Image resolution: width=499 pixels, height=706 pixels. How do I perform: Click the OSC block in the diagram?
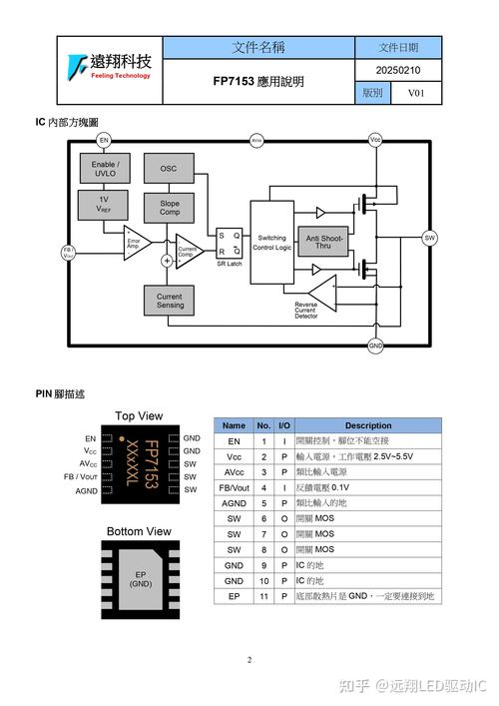point(169,168)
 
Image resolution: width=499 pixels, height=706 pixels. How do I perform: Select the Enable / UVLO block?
point(105,168)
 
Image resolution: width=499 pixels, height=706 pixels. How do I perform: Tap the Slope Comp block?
point(169,207)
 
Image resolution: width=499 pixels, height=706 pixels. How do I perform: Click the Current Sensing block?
point(169,300)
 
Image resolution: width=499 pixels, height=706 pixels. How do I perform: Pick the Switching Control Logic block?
point(271,244)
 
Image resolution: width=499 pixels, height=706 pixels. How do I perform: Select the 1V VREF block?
point(105,205)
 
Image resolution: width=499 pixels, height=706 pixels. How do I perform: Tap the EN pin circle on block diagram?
point(104,141)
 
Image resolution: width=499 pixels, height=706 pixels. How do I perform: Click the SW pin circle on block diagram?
point(430,238)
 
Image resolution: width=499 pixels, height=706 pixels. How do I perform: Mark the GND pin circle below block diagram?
point(375,346)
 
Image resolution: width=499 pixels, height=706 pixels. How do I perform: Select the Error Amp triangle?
point(135,241)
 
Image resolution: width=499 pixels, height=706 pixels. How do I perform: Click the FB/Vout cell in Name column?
point(234,487)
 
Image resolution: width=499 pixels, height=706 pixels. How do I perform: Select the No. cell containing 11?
point(264,596)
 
